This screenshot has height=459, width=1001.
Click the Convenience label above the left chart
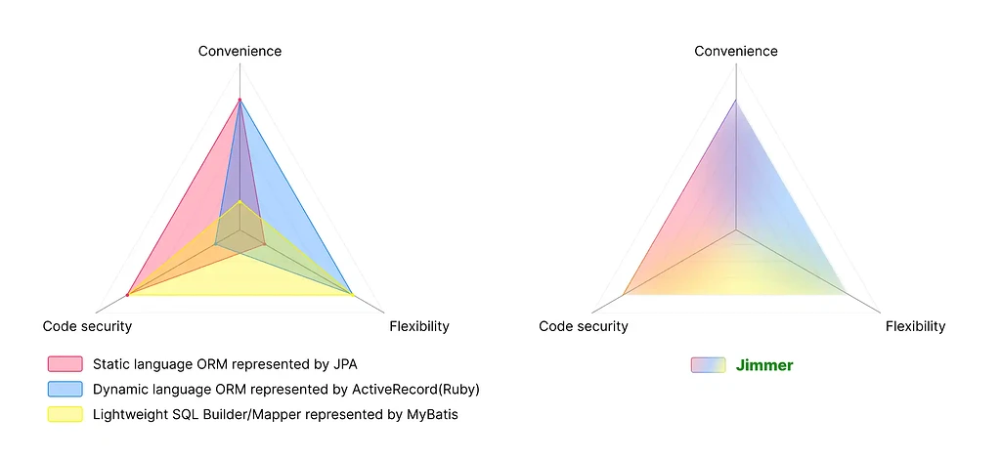tap(239, 51)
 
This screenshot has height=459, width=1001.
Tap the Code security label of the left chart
tap(87, 326)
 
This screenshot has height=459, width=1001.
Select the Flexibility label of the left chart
tap(418, 326)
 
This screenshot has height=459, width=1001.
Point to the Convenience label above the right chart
tap(736, 51)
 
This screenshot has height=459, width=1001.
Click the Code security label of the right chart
tap(584, 326)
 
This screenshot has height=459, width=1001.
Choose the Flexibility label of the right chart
tap(915, 326)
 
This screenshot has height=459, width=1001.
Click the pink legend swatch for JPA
tap(65, 364)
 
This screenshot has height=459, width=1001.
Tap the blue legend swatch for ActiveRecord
tap(65, 389)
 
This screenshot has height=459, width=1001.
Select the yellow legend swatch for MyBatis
tap(65, 414)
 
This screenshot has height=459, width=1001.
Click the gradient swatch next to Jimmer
tap(708, 364)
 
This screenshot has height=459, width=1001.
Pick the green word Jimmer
tap(764, 365)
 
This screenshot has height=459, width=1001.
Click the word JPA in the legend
tap(345, 364)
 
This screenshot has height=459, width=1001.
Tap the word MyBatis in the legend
tap(432, 414)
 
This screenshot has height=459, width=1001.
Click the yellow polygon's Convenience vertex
tap(240, 201)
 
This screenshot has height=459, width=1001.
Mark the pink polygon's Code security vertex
tap(128, 295)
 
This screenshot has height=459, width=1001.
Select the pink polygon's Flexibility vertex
tap(264, 243)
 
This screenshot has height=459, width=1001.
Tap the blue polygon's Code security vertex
tap(216, 243)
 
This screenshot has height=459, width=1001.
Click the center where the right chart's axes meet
tap(736, 229)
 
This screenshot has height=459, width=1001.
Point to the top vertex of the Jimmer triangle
tap(736, 100)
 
